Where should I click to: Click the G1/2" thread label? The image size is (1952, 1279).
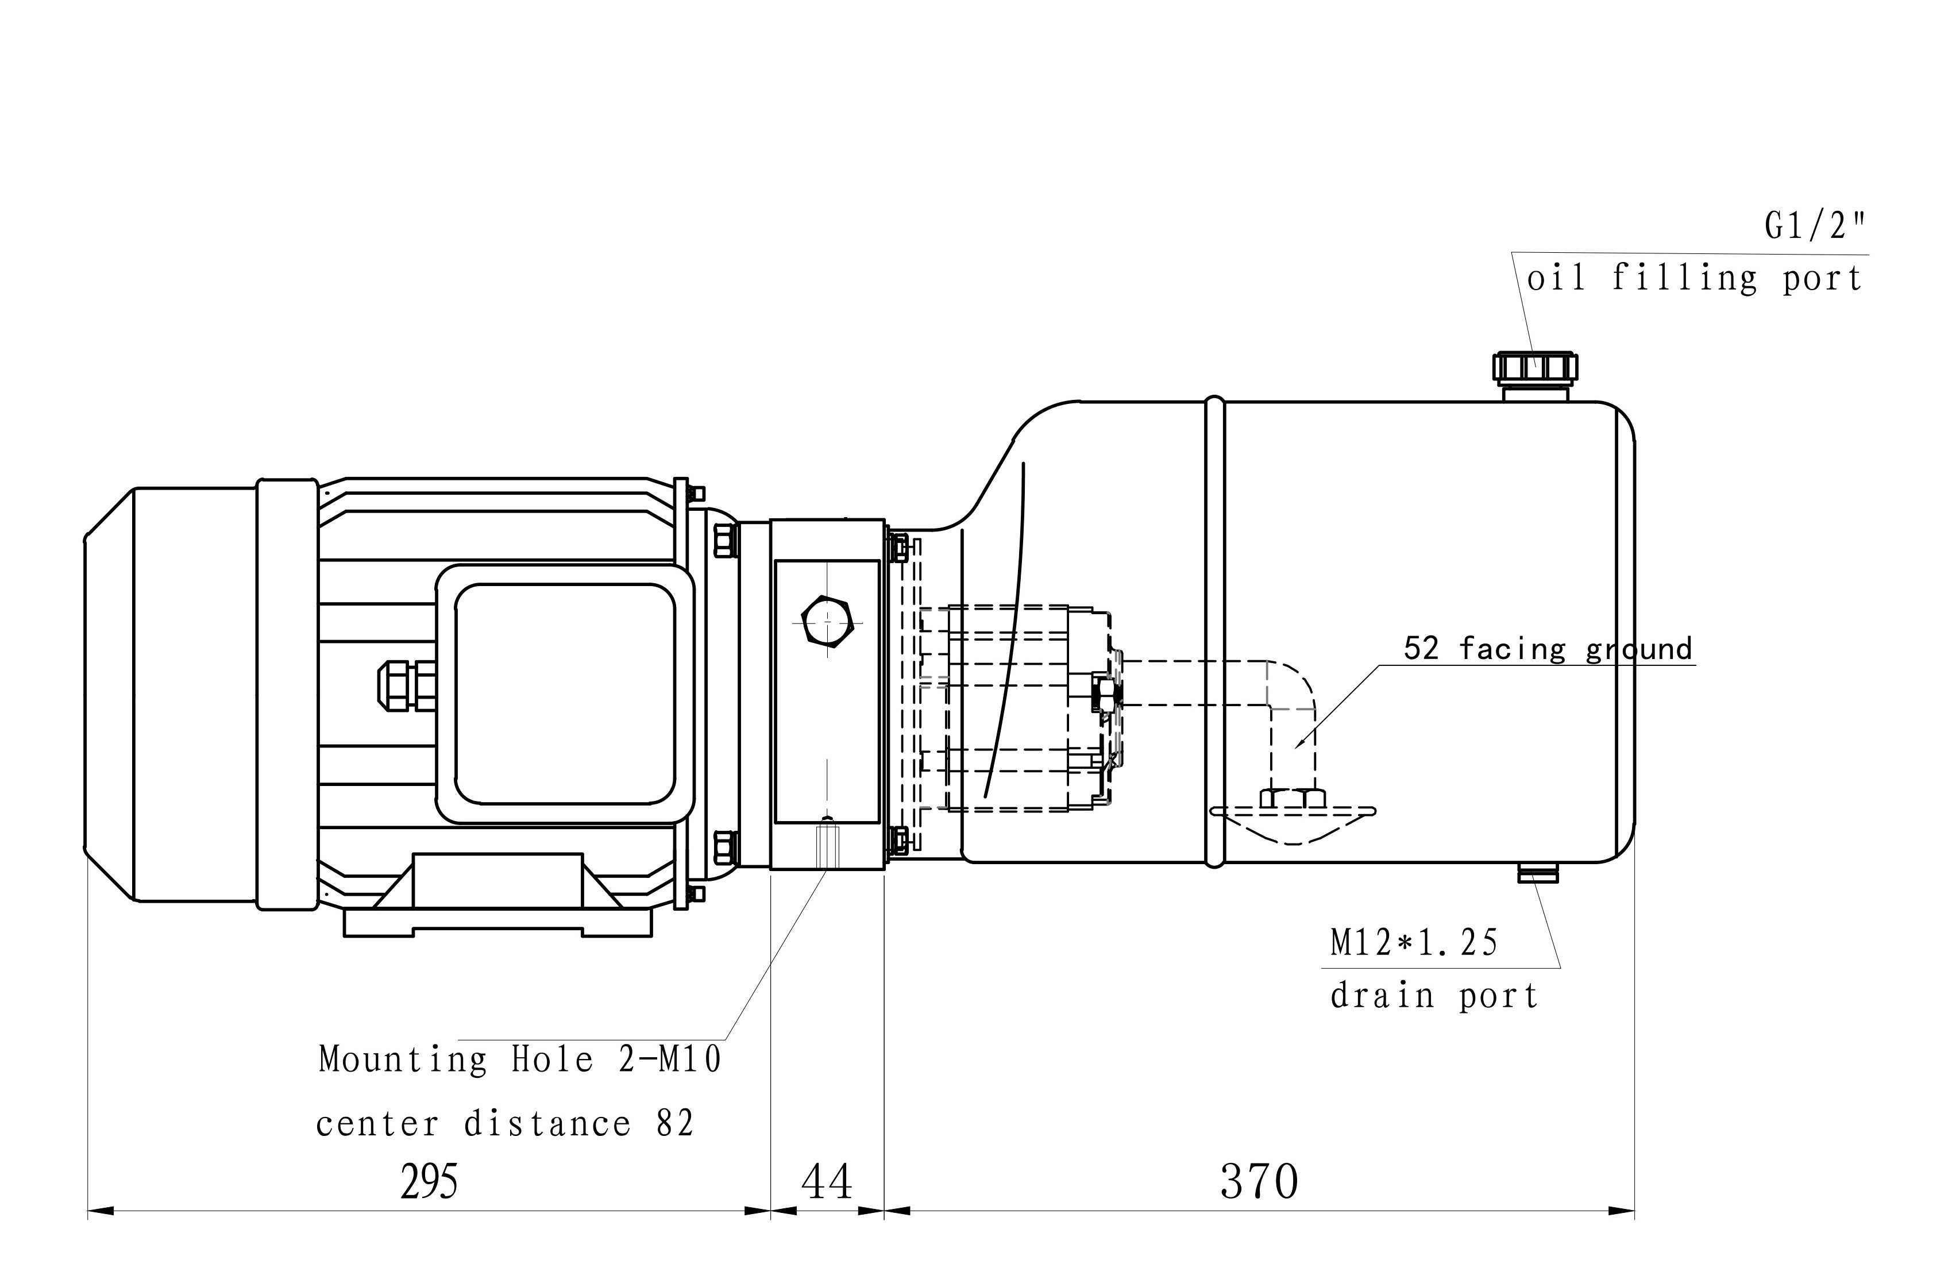coord(1815,226)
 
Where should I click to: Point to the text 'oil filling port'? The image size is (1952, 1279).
coord(1695,278)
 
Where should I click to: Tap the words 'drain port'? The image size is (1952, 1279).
coord(1434,996)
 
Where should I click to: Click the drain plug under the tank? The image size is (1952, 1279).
coord(1537,872)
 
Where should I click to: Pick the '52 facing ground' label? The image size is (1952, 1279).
coord(1548,648)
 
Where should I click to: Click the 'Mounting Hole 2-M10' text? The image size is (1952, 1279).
coord(520,1058)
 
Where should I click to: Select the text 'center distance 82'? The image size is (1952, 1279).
coord(505,1123)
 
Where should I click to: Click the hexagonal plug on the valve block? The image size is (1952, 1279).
coord(828,623)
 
